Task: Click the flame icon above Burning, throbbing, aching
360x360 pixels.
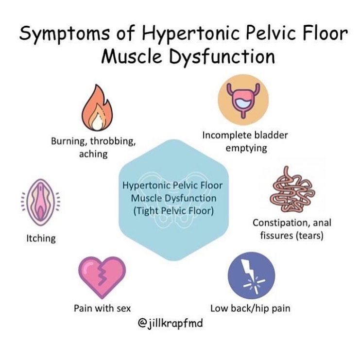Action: (97, 108)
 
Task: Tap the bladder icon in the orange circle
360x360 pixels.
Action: (243, 101)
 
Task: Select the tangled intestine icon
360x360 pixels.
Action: (292, 189)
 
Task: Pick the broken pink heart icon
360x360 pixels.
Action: (102, 277)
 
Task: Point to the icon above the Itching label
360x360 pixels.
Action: (41, 202)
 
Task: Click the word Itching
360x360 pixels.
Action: (41, 239)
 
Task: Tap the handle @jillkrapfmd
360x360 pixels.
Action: (171, 324)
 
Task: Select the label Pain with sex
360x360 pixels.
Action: (102, 308)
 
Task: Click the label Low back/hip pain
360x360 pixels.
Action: (250, 309)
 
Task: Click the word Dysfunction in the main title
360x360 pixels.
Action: (222, 57)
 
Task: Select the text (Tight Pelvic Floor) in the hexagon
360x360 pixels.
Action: (173, 211)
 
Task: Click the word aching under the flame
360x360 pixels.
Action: (93, 154)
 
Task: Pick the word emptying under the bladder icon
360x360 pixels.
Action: (246, 148)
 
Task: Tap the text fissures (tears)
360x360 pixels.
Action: (292, 236)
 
